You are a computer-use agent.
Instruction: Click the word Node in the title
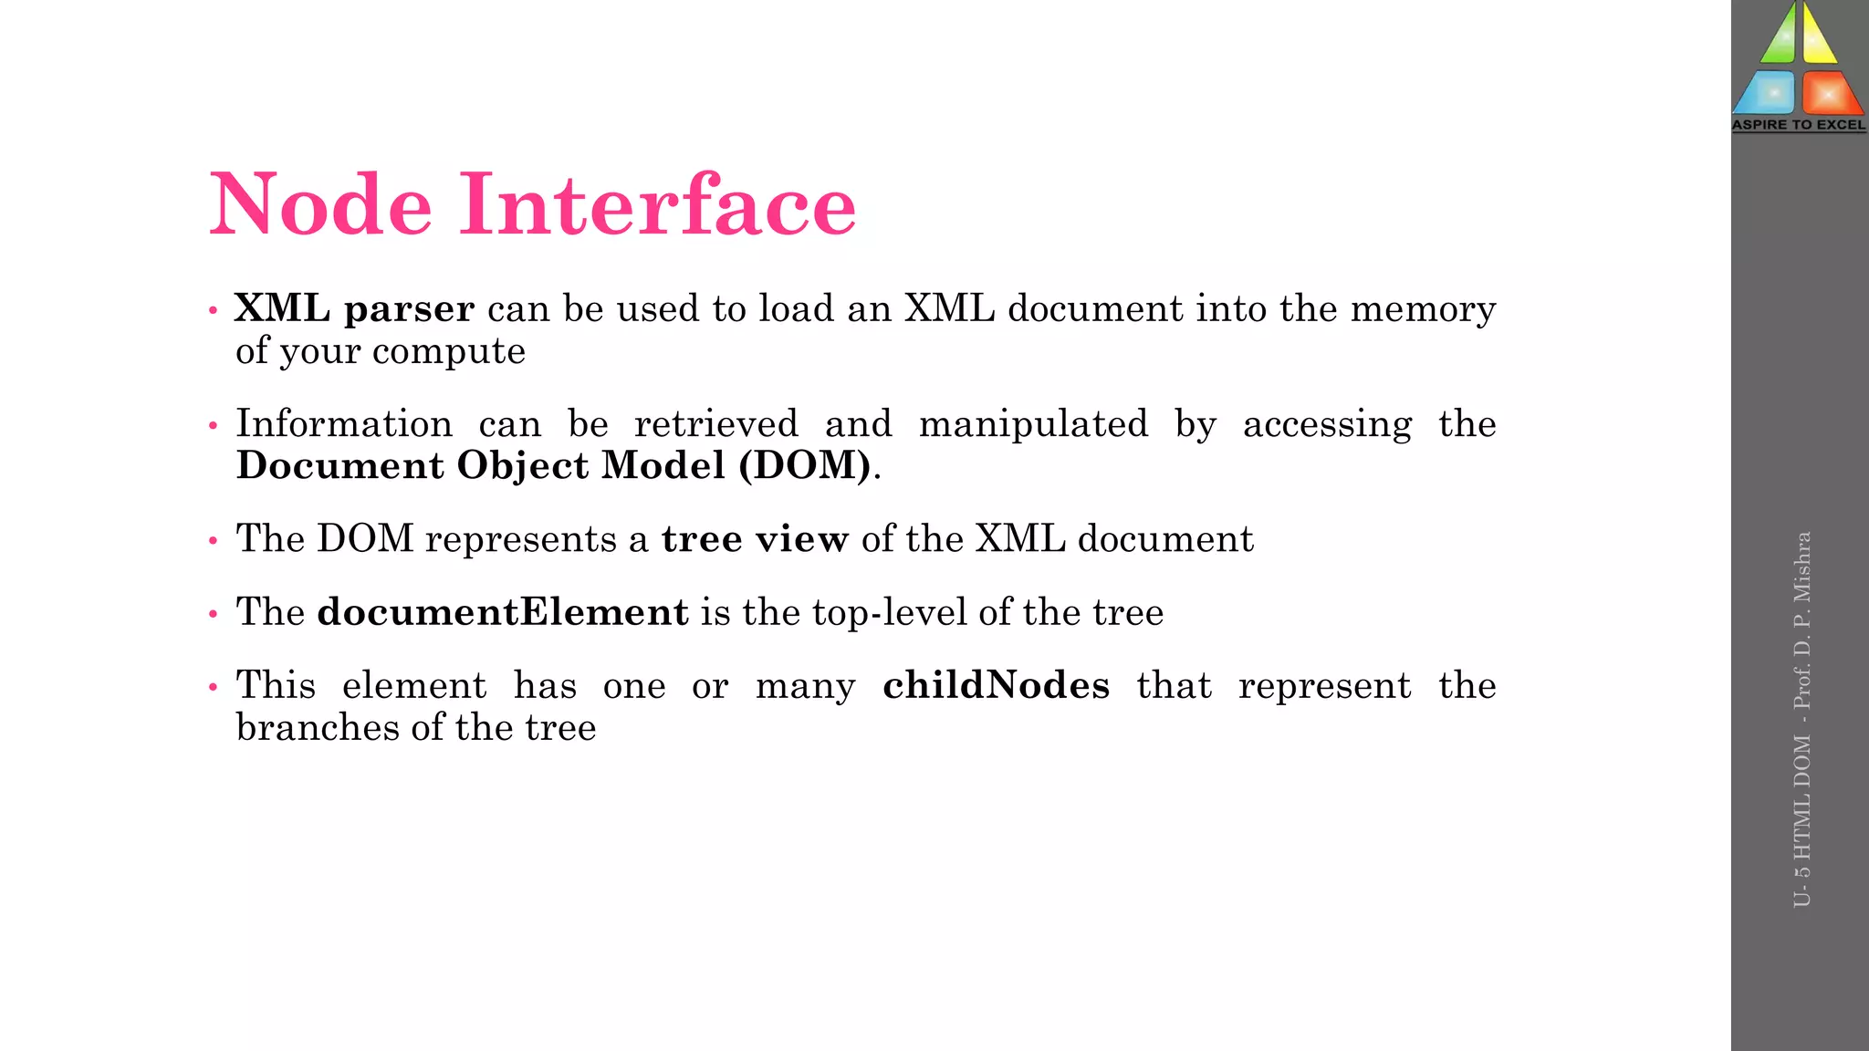click(x=320, y=204)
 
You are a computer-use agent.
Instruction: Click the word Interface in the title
click(x=657, y=204)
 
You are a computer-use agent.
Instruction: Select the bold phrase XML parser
click(x=354, y=309)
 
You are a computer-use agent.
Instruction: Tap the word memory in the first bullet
click(x=1423, y=309)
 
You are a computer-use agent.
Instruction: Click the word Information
click(x=344, y=424)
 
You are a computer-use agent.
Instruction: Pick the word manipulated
click(x=1033, y=424)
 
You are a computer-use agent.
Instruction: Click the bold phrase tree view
click(x=755, y=539)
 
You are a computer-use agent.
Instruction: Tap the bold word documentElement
click(x=502, y=612)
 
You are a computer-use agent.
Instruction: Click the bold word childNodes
click(x=996, y=685)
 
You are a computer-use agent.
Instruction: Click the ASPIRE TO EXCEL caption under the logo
click(x=1799, y=125)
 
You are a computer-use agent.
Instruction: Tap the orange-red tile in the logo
click(x=1831, y=94)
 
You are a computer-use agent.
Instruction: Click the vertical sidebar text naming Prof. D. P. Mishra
click(x=1801, y=620)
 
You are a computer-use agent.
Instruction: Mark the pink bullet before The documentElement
click(x=213, y=614)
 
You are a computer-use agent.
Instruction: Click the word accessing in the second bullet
click(x=1327, y=424)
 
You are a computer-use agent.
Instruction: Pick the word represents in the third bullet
click(x=520, y=539)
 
